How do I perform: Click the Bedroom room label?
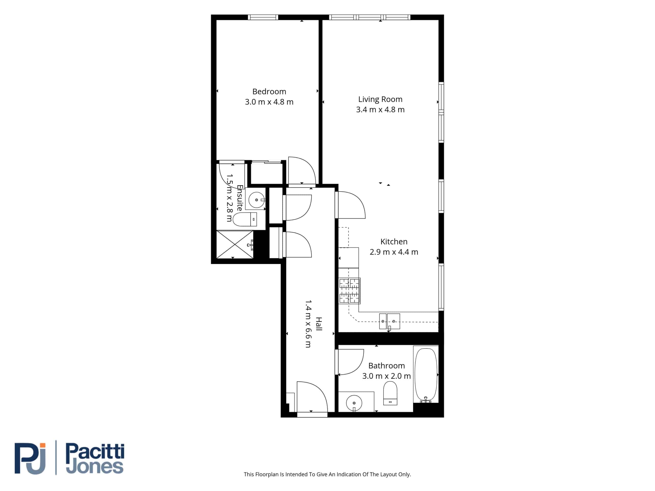coord(269,92)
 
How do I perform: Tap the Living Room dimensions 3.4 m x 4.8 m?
coord(380,109)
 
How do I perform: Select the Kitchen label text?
coord(394,241)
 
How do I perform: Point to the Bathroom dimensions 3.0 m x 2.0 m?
coord(386,376)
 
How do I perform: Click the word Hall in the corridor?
coord(319,324)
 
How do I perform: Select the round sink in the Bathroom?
coord(354,403)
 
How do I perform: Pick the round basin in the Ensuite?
coord(256,200)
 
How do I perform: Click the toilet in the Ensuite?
coord(245,219)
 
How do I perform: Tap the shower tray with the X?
coord(235,244)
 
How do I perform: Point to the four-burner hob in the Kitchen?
coord(350,291)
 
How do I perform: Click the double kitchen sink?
coord(389,321)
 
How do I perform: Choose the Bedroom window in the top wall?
coord(263,17)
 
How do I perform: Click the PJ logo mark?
coord(30,459)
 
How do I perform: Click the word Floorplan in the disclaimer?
coord(267,474)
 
